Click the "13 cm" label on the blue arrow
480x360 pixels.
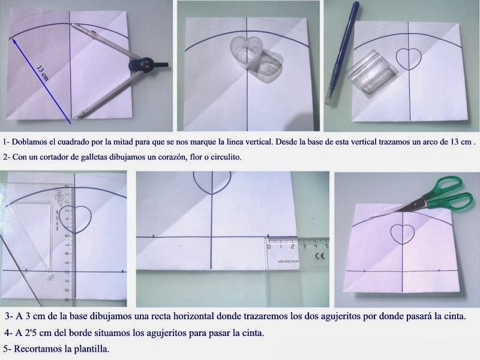click(43, 73)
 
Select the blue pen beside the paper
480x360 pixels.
click(342, 53)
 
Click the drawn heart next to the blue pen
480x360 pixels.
click(409, 59)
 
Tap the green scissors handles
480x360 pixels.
click(448, 194)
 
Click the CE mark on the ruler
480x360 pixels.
click(320, 256)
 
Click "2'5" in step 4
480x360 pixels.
click(31, 333)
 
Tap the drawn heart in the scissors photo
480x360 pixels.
click(403, 234)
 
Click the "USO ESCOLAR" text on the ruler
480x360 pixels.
click(289, 262)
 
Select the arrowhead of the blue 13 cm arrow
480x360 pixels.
click(13, 41)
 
